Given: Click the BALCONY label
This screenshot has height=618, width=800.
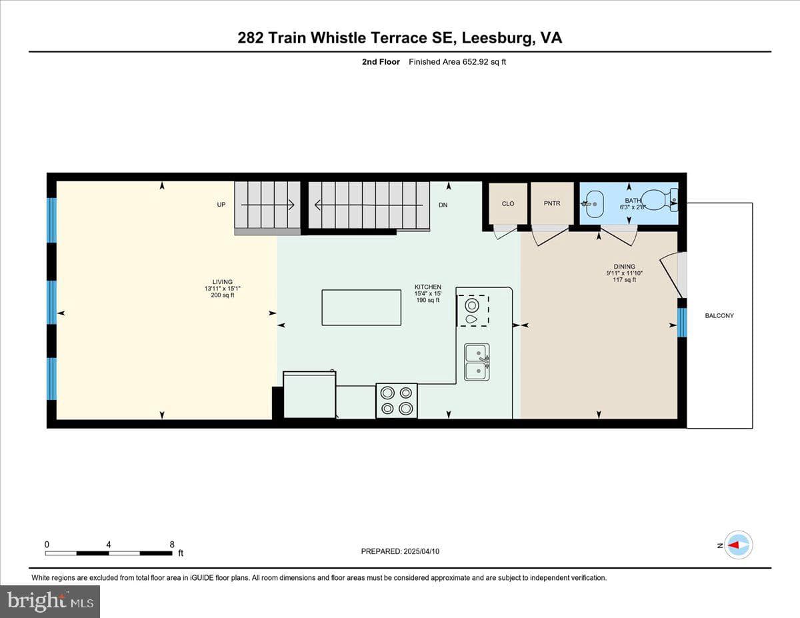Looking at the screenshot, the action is point(719,315).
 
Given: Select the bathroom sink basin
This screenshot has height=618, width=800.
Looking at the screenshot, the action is point(594,203).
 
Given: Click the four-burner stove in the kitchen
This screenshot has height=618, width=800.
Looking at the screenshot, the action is point(397,401).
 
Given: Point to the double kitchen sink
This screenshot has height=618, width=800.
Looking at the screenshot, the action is point(477,362).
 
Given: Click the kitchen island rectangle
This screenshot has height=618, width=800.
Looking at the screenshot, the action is point(361,307).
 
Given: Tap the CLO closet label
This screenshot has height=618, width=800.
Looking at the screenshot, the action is point(508,203).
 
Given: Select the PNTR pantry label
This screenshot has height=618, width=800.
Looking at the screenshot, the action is point(552,203).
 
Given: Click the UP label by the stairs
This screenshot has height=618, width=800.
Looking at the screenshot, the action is point(221,205).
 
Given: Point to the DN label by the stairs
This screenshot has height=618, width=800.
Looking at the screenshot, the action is point(443,205).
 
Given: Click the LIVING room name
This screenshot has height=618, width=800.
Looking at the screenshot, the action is point(223,282).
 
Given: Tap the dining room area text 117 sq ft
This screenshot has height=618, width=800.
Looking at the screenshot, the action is point(625,280).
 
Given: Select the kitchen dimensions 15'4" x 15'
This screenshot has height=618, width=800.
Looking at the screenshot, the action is point(428,293).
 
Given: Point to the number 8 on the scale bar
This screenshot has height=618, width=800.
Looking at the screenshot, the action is point(172,545).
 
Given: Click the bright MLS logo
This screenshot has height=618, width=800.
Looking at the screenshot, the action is point(50,601).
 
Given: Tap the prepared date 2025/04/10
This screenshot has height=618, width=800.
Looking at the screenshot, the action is point(421,551).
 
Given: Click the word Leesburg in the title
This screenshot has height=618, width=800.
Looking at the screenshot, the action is point(497,38).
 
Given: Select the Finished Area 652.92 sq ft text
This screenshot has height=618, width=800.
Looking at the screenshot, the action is point(457,62).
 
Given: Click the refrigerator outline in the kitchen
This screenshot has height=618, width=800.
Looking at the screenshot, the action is point(309,395).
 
